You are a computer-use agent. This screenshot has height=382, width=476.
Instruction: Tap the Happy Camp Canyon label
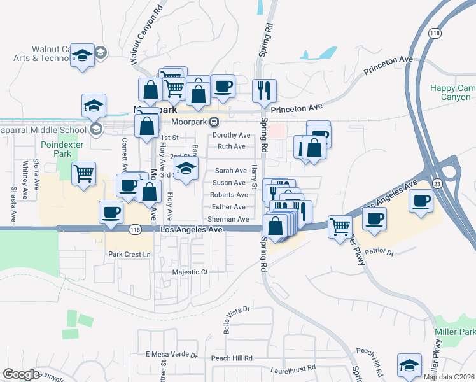[450, 92]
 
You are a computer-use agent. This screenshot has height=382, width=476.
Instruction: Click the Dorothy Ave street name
[231, 135]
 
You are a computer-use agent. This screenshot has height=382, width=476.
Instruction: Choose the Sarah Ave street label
[230, 171]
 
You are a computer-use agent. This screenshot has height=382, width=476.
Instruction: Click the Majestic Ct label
[190, 272]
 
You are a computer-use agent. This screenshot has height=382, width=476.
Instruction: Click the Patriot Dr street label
[381, 253]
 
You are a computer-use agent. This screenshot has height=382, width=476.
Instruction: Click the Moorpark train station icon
[215, 122]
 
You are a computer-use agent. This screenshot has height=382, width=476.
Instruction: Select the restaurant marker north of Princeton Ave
[263, 90]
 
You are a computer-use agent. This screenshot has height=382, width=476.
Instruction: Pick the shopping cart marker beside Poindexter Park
[84, 173]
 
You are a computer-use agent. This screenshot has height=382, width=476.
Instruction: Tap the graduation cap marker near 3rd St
[186, 169]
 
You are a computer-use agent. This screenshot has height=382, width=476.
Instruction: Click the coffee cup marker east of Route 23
[421, 201]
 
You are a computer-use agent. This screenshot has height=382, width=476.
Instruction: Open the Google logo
[21, 374]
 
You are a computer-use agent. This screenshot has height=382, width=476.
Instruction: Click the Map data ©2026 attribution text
[449, 377]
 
